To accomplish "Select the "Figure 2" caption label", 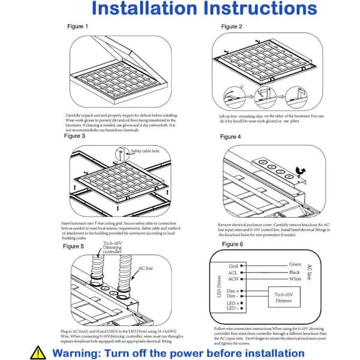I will coord(232,27).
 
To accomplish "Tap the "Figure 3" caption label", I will coord(74,136).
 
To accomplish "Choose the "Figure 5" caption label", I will coord(74,246).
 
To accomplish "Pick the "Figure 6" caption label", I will coord(232,244).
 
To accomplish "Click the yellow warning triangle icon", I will coord(38,352).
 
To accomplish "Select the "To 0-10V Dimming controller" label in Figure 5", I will coord(117,263).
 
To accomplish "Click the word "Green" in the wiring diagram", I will coord(295,264).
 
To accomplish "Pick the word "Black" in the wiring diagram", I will coord(295,272).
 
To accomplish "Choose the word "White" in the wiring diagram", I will coord(295,280).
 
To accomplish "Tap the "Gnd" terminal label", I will coord(233,266).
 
